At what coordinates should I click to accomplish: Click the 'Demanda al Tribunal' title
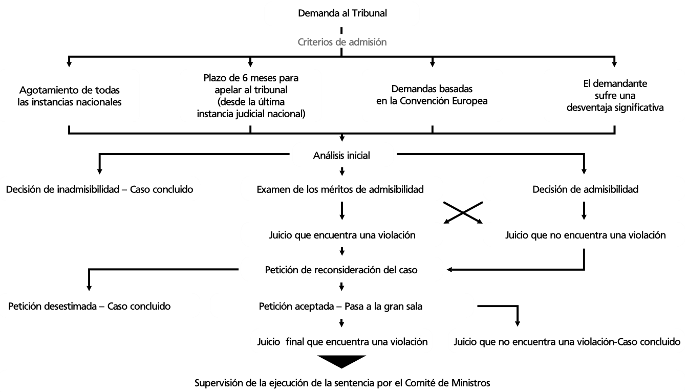click(342, 13)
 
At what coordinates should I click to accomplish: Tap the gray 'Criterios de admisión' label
click(342, 42)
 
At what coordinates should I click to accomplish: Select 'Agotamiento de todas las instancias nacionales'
click(69, 96)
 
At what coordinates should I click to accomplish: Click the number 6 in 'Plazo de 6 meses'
click(245, 78)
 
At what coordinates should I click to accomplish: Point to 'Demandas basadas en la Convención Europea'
click(432, 95)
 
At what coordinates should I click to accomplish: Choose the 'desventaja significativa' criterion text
click(615, 107)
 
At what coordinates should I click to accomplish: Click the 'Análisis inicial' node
click(341, 156)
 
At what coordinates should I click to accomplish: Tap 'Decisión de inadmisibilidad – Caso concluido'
click(99, 189)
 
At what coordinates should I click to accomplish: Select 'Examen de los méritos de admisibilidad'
click(340, 189)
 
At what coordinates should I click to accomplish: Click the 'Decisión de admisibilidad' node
click(585, 189)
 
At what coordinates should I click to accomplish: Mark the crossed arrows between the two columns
click(463, 212)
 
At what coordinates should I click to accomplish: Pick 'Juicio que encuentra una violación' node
click(342, 235)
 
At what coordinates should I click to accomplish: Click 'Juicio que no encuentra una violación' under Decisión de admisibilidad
click(586, 235)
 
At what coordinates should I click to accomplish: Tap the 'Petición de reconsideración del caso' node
click(341, 270)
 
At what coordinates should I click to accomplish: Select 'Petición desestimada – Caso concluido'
click(89, 306)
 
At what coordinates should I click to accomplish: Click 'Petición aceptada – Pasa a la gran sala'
click(340, 306)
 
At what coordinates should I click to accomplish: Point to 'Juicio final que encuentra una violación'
click(342, 342)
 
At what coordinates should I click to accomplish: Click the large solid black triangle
click(341, 361)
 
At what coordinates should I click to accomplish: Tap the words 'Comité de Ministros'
click(447, 383)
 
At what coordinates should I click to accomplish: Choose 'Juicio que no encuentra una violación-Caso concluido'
click(567, 342)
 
